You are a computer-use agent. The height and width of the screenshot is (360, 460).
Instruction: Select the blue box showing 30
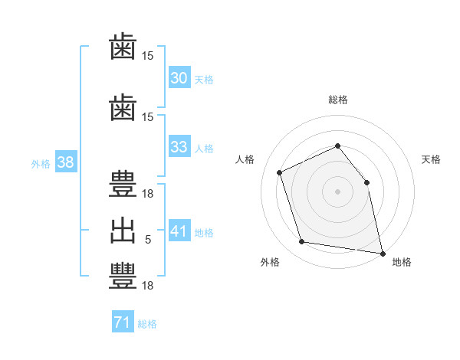(179, 78)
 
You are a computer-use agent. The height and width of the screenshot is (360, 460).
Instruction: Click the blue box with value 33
(179, 147)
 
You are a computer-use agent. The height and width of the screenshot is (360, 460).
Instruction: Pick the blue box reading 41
(179, 231)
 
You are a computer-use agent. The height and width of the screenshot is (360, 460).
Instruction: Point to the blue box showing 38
(65, 162)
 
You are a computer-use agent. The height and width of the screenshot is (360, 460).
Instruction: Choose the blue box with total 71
(122, 323)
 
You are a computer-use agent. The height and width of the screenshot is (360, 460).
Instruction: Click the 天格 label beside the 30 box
(204, 79)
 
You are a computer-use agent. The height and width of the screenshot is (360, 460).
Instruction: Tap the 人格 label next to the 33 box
(204, 148)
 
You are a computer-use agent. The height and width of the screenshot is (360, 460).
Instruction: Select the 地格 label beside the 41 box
(204, 232)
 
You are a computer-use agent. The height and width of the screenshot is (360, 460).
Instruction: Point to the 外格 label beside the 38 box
(41, 163)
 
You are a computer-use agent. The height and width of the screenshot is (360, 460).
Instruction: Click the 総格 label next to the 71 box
(147, 324)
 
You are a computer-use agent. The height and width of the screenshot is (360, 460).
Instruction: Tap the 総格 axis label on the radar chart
(337, 100)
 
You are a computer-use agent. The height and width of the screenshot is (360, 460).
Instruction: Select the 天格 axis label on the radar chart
(432, 159)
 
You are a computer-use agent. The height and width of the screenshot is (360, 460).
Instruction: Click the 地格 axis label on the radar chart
(402, 262)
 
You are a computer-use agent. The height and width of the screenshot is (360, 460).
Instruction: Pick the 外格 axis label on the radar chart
(270, 262)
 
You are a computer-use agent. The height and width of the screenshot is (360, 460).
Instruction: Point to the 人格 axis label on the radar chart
(245, 159)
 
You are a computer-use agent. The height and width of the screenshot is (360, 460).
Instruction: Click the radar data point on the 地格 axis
(382, 253)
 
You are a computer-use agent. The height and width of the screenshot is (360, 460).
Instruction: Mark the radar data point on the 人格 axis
(280, 172)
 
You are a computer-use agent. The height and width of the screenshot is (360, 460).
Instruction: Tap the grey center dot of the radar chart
(337, 191)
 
